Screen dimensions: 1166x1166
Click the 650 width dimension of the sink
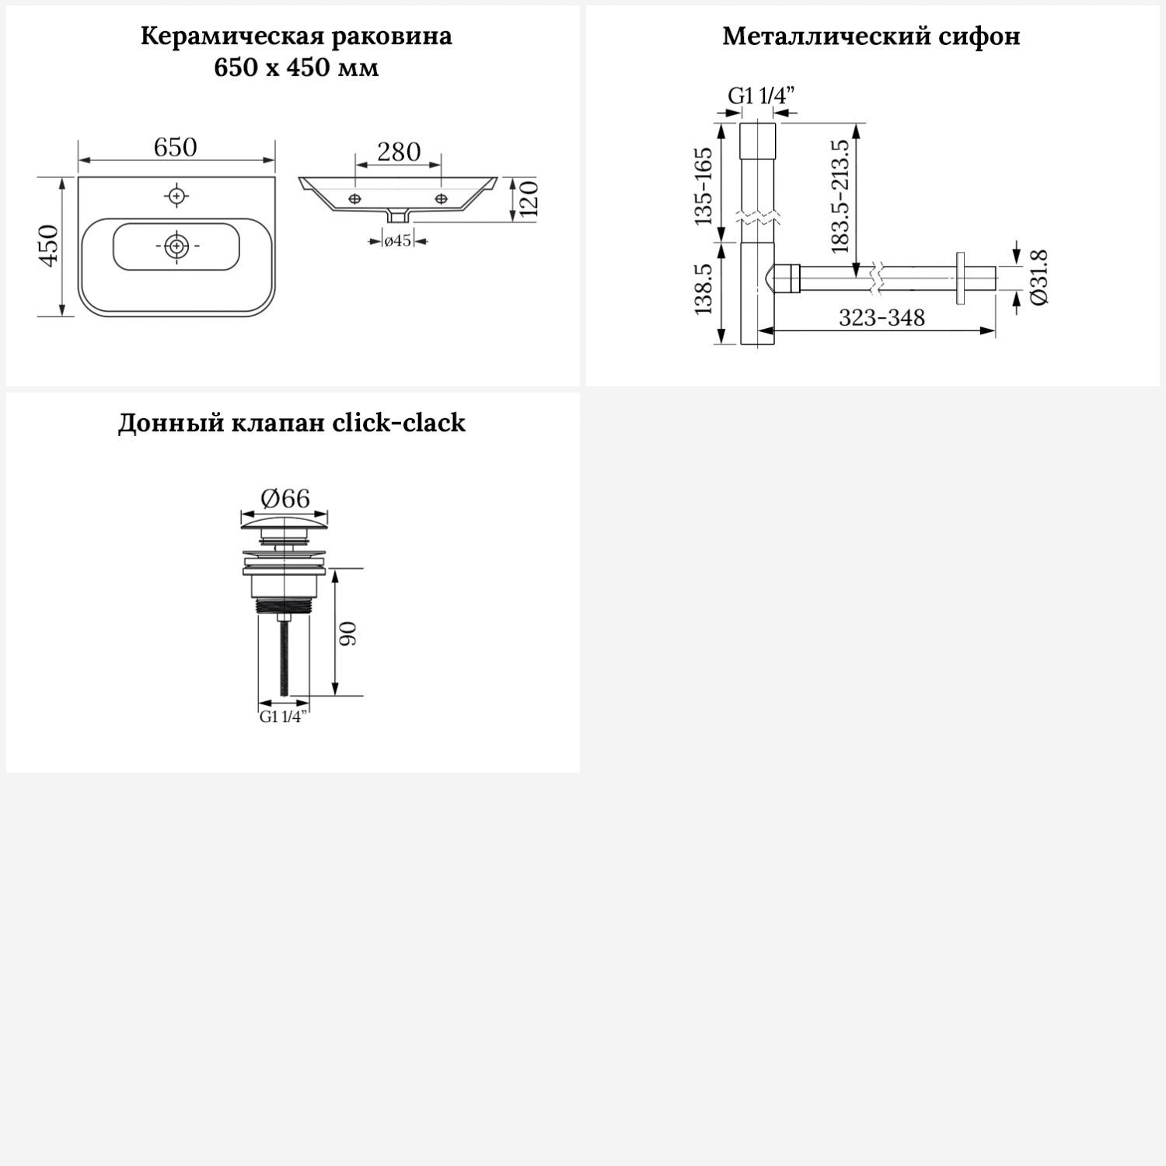tap(175, 147)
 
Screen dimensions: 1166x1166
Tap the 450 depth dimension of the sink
tap(48, 246)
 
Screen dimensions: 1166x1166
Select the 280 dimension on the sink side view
tap(399, 152)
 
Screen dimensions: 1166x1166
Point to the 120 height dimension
tap(528, 200)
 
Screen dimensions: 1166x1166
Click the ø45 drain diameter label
tap(397, 241)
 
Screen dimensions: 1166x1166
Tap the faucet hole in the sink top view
tap(177, 195)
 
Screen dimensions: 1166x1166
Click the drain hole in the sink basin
tap(178, 246)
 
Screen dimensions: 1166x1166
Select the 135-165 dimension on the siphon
tap(703, 187)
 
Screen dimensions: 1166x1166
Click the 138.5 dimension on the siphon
tap(703, 288)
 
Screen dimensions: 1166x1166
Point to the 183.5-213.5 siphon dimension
tap(840, 197)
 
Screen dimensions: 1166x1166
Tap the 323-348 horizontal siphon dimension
tap(881, 317)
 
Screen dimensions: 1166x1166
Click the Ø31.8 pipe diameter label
tap(1039, 278)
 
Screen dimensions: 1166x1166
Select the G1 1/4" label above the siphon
tap(761, 96)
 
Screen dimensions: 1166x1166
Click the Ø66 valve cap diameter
tap(285, 497)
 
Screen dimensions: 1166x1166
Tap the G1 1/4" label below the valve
tap(284, 717)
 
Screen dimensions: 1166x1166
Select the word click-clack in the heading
tap(399, 423)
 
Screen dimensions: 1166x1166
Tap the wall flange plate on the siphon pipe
tap(961, 278)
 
